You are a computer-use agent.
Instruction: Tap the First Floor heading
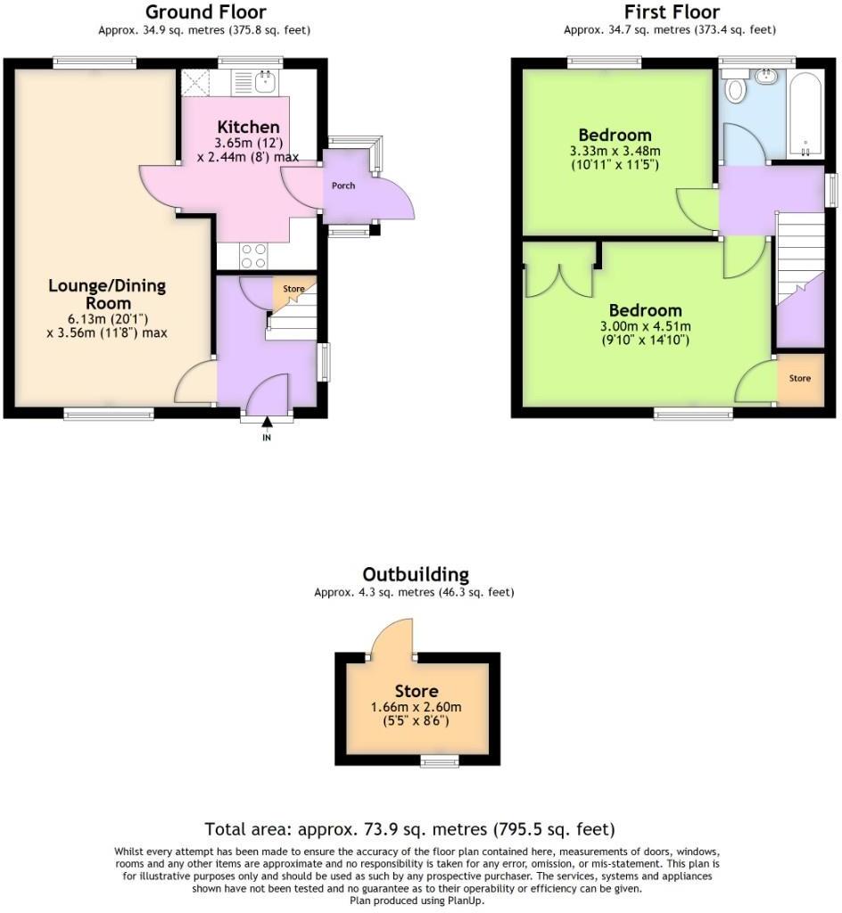[x=671, y=12]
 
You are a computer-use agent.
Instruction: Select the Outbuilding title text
[x=415, y=574]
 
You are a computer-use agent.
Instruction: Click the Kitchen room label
[x=248, y=127]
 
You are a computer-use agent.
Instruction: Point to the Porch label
[x=343, y=186]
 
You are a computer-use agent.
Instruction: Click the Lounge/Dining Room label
[x=107, y=294]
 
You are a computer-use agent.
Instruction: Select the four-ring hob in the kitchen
[x=253, y=256]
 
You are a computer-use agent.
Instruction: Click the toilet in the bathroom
[x=737, y=88]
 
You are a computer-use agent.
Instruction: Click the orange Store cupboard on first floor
[x=800, y=379]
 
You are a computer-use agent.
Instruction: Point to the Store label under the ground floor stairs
[x=293, y=289]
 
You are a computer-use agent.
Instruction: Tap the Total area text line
[x=409, y=829]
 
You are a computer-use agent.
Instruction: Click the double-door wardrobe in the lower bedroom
[x=559, y=270]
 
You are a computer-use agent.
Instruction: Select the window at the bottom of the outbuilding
[x=439, y=761]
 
